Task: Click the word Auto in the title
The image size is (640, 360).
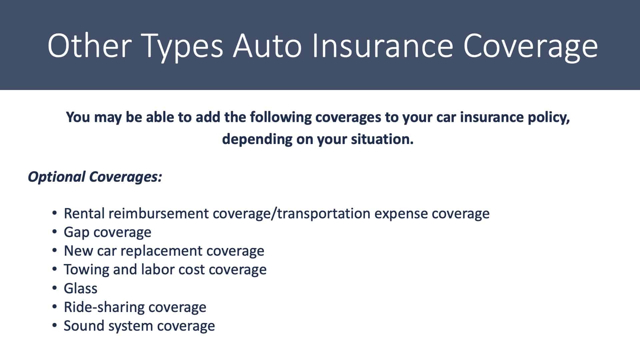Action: point(267,46)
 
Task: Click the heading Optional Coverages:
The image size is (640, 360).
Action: point(95,177)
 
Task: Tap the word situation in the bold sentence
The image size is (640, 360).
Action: point(382,139)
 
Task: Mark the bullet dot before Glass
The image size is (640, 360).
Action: point(55,288)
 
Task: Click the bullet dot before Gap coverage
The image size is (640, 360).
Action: point(55,232)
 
